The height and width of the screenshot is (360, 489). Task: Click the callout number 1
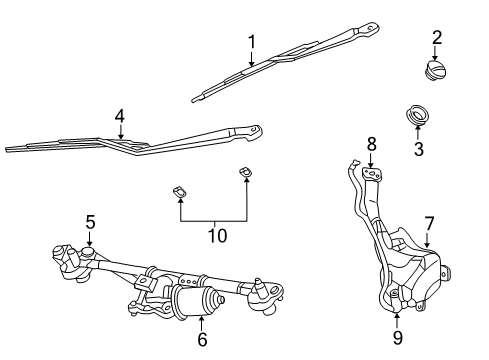point(252,41)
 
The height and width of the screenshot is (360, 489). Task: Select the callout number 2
point(437,37)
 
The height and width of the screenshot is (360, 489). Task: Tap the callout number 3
point(419,149)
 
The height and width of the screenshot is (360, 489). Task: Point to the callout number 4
point(119,116)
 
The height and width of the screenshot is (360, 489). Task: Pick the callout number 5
point(89,222)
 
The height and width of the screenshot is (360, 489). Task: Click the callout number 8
point(370,144)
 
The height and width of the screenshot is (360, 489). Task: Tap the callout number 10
point(216,236)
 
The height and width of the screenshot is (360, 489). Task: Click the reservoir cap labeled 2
point(438,69)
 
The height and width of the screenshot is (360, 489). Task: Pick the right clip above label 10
point(245,176)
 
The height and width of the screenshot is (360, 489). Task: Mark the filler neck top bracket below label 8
point(372,175)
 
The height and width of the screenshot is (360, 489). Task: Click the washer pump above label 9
point(396,301)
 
